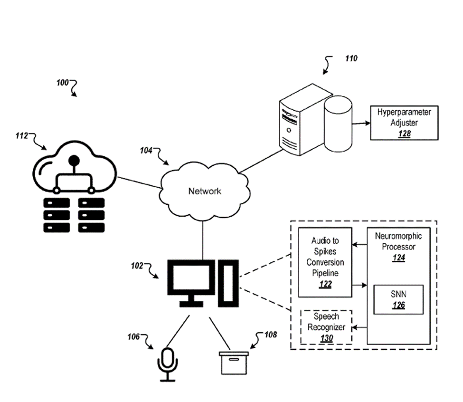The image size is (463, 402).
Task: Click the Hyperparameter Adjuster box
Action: coord(404,122)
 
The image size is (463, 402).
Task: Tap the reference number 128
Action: coord(404,134)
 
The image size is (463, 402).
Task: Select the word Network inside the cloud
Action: coord(205,191)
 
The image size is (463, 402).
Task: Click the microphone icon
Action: coord(167,362)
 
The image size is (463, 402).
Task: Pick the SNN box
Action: coord(398,299)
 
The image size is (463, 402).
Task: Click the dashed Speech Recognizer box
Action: coord(326,327)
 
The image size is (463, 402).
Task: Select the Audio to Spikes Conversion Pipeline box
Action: coord(325,262)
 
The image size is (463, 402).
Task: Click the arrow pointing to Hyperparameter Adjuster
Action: coord(361,122)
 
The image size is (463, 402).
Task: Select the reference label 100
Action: coord(62,83)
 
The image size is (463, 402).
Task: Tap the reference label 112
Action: coord(22,136)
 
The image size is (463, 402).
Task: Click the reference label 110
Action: coord(351,59)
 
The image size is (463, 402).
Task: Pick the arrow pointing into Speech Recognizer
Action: coord(359,327)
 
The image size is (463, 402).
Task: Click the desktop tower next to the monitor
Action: coord(228,282)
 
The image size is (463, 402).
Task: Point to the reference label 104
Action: coord(146,151)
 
